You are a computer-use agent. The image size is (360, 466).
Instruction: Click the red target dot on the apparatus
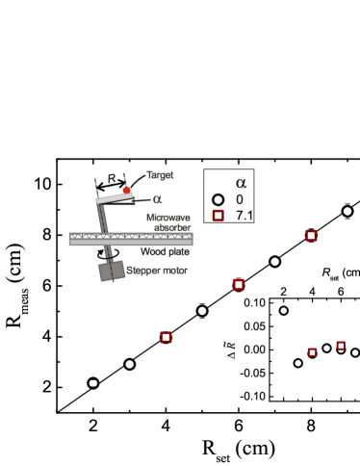[x=126, y=190]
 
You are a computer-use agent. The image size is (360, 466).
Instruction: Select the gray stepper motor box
[x=112, y=271]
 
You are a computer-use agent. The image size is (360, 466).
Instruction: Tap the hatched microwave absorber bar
[x=131, y=239]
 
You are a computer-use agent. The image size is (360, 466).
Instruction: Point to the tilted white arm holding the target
[x=114, y=197]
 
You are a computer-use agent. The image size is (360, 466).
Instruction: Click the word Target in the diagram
[x=160, y=175]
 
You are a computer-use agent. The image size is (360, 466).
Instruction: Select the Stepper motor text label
[x=157, y=271]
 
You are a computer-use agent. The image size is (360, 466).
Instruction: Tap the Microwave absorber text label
[x=168, y=222]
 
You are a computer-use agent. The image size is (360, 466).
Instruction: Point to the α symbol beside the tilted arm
[x=157, y=199]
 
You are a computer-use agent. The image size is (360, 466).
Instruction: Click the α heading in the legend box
[x=241, y=182]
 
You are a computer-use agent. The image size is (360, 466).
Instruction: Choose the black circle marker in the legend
[x=219, y=199]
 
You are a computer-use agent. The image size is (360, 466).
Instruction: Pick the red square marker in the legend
[x=219, y=216]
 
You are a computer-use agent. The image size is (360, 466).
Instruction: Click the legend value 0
[x=240, y=199]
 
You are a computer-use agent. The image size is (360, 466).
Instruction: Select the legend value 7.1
[x=244, y=216]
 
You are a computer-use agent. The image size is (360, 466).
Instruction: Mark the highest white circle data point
[x=347, y=211]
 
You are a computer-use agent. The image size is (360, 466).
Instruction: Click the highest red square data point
[x=311, y=235]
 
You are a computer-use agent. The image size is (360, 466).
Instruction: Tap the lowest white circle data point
[x=93, y=383]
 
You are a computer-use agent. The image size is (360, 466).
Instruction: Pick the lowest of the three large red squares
[x=166, y=337]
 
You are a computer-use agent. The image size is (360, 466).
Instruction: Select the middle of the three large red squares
[x=239, y=284]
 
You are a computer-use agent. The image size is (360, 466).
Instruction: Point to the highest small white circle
[x=283, y=310]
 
